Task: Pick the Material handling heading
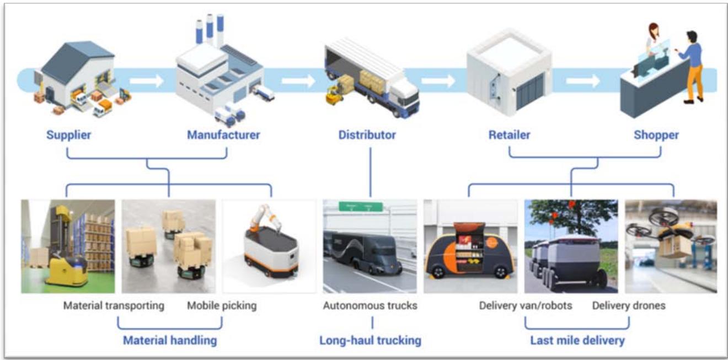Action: click(170, 340)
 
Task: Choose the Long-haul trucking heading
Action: click(371, 340)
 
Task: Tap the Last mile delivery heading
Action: click(577, 340)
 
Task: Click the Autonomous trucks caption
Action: click(370, 305)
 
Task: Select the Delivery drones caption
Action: click(629, 305)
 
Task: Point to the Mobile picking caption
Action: click(222, 305)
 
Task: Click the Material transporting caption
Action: click(114, 305)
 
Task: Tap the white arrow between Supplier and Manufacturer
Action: click(147, 80)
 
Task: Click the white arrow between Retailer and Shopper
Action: click(583, 80)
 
